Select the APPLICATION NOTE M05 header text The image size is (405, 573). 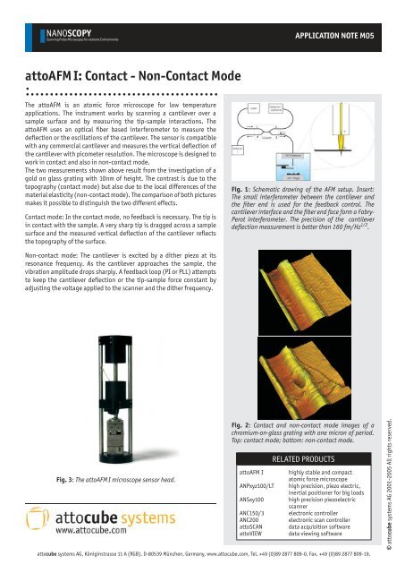343,39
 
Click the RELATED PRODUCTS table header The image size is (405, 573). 308,457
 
